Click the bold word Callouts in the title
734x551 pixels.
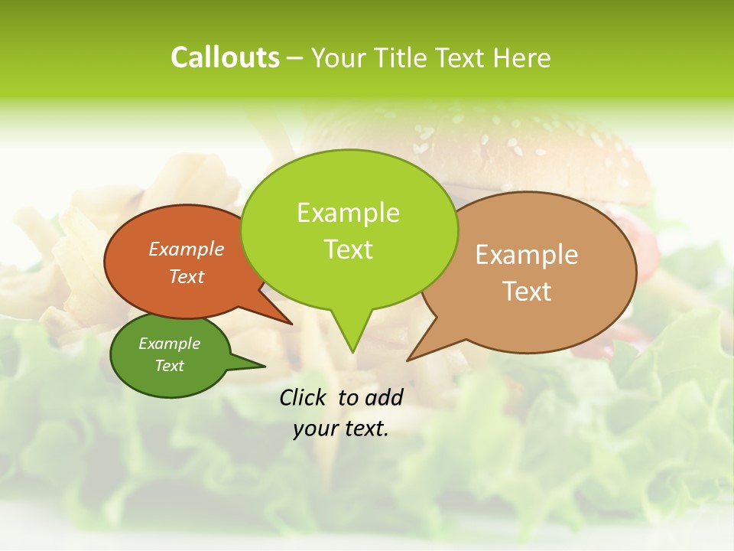click(x=225, y=57)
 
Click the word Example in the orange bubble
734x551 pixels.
click(x=187, y=249)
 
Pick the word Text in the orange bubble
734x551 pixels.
click(x=187, y=276)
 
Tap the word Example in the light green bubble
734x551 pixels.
click(x=348, y=213)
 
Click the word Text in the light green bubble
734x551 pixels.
click(x=348, y=249)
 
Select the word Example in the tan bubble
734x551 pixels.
click(x=526, y=255)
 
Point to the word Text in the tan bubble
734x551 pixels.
click(x=526, y=292)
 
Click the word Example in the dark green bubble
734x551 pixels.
click(x=169, y=344)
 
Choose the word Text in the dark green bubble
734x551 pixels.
click(x=169, y=366)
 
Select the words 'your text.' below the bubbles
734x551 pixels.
click(x=340, y=429)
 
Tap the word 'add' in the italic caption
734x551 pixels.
click(x=383, y=397)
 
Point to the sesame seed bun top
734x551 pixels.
click(x=489, y=145)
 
